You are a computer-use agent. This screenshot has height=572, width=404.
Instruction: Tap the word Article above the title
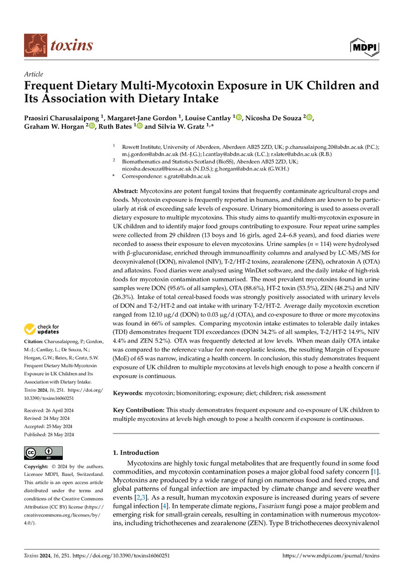pyautogui.click(x=33, y=74)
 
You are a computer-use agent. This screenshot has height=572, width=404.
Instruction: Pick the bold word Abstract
pyautogui.click(x=127, y=190)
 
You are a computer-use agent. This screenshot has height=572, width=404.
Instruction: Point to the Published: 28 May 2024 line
pyautogui.click(x=53, y=434)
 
